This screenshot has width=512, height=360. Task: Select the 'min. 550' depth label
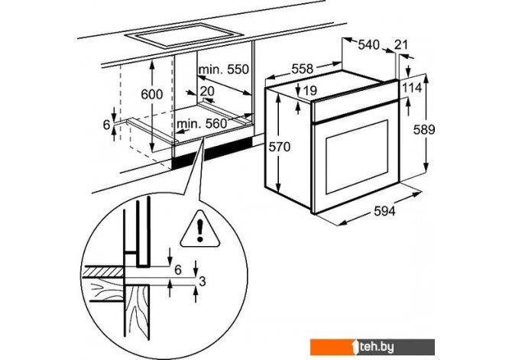click(224, 70)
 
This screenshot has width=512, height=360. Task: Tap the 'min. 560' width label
click(202, 124)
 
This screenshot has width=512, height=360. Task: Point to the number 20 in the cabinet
click(206, 91)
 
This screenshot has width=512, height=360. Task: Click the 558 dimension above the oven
click(303, 69)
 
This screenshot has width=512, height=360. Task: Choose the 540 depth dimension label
click(368, 45)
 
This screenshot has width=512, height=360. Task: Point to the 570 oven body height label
click(279, 148)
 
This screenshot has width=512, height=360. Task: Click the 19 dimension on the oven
click(309, 91)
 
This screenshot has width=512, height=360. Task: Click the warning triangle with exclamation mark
click(200, 227)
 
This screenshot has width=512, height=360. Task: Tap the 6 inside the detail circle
click(177, 269)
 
